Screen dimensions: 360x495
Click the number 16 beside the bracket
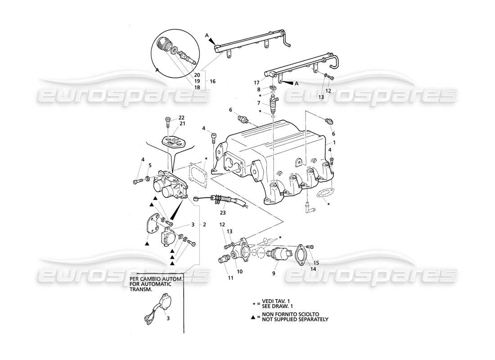(213, 81)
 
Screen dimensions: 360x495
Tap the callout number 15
(316, 262)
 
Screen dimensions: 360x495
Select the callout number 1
(334, 142)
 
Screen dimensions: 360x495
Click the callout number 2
(204, 224)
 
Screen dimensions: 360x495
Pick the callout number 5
(151, 165)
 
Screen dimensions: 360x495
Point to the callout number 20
(197, 74)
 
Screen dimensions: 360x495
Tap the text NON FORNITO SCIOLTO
(292, 314)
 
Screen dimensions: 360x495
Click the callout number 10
(240, 271)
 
